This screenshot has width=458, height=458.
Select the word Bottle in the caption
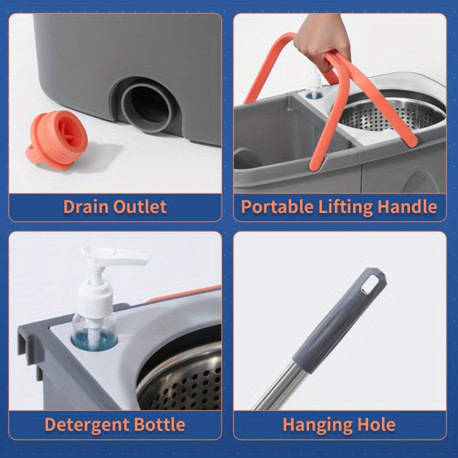(161, 425)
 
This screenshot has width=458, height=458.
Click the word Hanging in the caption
(317, 425)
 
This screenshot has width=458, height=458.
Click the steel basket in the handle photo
(395, 114)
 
